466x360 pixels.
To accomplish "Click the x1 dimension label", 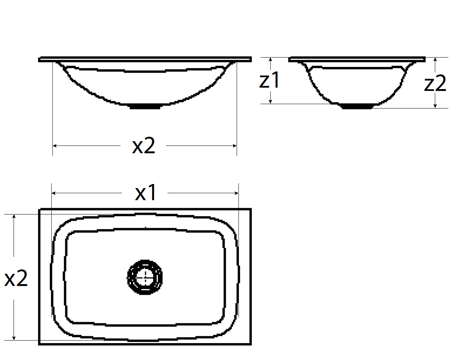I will click(146, 193).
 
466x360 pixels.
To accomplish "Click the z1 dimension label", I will click(270, 80).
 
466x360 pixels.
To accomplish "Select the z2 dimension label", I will click(435, 84).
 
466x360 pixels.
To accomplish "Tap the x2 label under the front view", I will click(144, 146).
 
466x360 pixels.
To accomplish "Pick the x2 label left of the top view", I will click(16, 278).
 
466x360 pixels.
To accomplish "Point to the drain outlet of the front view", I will click(145, 107).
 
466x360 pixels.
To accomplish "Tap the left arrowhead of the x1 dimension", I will click(53, 193).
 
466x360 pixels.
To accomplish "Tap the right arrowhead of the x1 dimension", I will click(237, 193).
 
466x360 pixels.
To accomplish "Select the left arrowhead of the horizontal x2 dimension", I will click(54, 146).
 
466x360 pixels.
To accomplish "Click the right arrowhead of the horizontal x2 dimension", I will click(235, 146).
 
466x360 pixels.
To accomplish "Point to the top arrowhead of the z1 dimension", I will click(270, 59).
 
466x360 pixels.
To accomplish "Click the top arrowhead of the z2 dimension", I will click(435, 59).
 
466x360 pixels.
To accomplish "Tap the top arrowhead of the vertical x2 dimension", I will click(14, 216).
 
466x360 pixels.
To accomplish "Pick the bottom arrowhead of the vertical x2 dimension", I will click(14, 338).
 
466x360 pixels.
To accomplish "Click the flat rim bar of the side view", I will click(357, 59).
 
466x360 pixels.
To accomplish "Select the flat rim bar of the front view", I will click(145, 59).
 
